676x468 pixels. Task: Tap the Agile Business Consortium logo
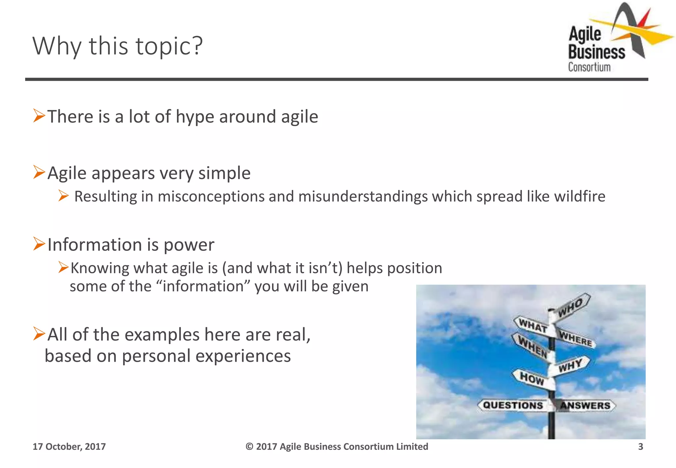(614, 40)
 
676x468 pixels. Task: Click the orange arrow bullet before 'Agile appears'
(39, 172)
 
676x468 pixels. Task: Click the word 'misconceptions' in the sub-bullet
(211, 197)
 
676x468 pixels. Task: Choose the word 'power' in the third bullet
(189, 245)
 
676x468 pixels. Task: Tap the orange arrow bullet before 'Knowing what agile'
(63, 267)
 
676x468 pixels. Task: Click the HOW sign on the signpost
(531, 378)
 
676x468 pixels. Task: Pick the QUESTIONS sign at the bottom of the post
(513, 405)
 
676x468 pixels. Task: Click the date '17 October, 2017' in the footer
(69, 447)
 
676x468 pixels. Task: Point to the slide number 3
(640, 447)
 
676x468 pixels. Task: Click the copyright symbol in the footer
(250, 447)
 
